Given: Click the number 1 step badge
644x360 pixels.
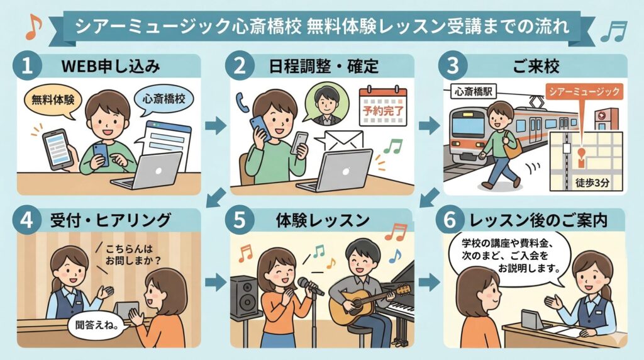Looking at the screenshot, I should click(x=26, y=66).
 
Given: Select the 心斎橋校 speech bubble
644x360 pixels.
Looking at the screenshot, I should click(x=164, y=99).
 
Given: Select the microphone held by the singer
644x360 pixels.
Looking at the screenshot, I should click(x=309, y=286).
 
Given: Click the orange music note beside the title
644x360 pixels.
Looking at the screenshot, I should click(x=32, y=25).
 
